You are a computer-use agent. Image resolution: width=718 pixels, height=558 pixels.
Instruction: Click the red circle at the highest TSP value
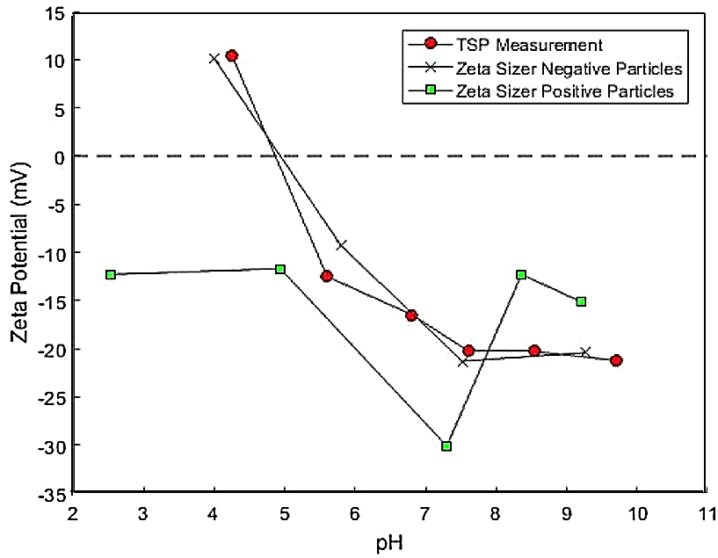[232, 55]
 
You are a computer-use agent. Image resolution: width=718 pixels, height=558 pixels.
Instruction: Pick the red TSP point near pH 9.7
[616, 360]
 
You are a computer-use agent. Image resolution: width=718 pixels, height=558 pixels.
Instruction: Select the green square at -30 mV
[446, 446]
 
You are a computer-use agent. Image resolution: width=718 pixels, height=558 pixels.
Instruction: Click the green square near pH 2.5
[111, 274]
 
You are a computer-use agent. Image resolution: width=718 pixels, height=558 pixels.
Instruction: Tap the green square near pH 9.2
[581, 301]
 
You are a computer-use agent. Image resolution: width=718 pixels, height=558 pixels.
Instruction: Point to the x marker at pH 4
[214, 59]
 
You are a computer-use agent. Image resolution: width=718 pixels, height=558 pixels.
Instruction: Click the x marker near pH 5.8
[341, 244]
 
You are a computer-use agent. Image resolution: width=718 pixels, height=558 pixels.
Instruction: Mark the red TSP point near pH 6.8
[411, 315]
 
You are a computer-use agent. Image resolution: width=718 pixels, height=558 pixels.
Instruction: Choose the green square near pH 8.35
[521, 274]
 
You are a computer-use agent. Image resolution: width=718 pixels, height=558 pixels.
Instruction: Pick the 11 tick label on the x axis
[707, 512]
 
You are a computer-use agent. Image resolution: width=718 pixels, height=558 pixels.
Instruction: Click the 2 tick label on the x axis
[74, 512]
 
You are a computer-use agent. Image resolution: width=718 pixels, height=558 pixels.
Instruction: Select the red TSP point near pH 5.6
[327, 276]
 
